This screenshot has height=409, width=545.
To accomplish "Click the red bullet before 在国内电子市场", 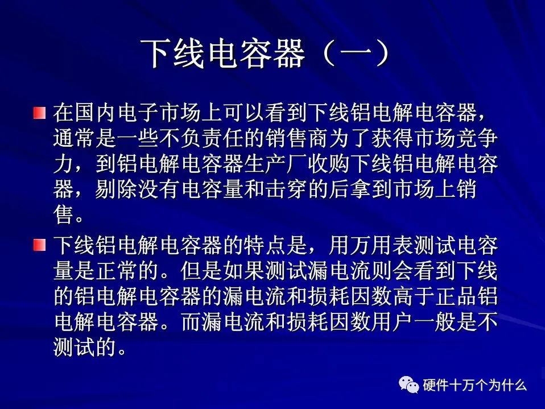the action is (x=40, y=113).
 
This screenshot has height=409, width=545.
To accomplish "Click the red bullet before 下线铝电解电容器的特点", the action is (x=40, y=245).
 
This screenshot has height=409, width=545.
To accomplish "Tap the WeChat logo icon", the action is (x=408, y=385).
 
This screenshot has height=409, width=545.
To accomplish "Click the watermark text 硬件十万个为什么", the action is (x=475, y=385).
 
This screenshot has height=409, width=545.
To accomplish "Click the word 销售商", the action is (x=298, y=138).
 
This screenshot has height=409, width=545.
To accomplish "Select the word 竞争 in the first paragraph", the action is (x=477, y=138).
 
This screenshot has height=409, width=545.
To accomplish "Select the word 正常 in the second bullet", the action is (x=117, y=270).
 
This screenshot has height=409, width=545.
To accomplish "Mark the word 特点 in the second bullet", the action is (x=265, y=245).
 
